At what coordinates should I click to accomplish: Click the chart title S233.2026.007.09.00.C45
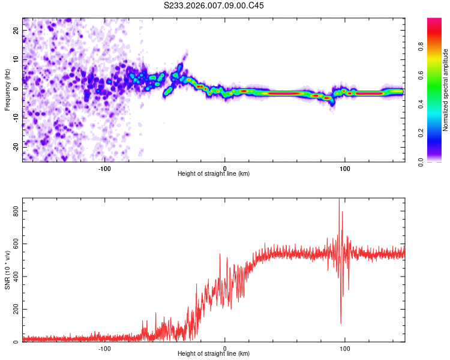pyautogui.click(x=214, y=5)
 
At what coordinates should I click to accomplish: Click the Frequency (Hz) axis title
pyautogui.click(x=7, y=90)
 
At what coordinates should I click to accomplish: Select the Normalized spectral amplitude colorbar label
pyautogui.click(x=445, y=91)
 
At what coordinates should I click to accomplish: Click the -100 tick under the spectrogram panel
pyautogui.click(x=104, y=167)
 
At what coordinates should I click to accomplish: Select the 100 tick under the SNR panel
pyautogui.click(x=345, y=348)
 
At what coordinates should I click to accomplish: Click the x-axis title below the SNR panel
pyautogui.click(x=214, y=355)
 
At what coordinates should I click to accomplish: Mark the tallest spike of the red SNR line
pyautogui.click(x=339, y=199)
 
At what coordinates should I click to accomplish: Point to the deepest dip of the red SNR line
pyautogui.click(x=341, y=323)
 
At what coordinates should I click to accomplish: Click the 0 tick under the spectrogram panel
pyautogui.click(x=225, y=167)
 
